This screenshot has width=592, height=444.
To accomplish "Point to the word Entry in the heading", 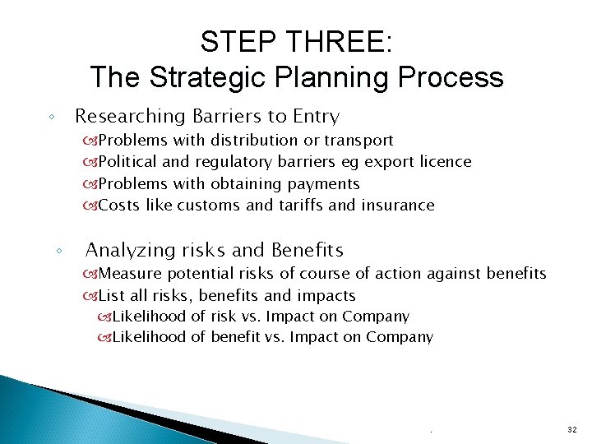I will (314, 117).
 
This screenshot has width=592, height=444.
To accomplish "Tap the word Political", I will (128, 162).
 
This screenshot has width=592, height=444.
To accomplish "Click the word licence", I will (445, 162).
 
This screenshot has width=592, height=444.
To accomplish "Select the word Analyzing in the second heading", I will (130, 250).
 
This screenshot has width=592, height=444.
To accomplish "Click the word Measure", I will (128, 273).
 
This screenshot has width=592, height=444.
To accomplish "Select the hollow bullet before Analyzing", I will (60, 251).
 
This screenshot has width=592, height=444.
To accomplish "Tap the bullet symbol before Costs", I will (90, 206).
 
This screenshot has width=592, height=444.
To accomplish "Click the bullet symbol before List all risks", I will (90, 296).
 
